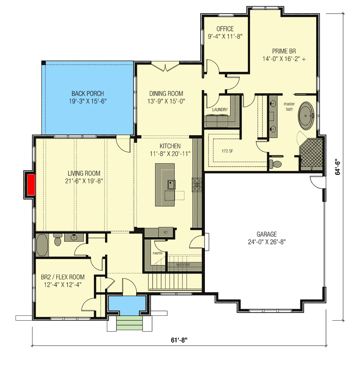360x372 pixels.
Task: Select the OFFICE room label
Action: click(225, 29)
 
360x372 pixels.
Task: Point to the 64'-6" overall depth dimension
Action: click(339, 167)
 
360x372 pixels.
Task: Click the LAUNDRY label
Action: click(220, 110)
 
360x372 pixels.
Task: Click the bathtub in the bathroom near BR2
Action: click(42, 245)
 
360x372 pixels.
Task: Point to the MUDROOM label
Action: click(183, 264)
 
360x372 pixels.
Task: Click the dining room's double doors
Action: click(165, 67)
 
